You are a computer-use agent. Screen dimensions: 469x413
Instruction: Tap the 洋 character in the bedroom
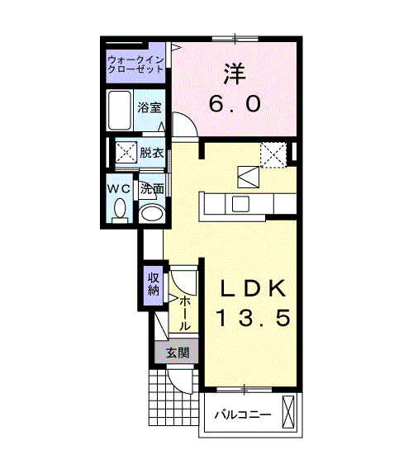[x=235, y=73]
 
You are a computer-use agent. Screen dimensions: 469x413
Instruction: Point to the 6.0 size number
[x=235, y=104]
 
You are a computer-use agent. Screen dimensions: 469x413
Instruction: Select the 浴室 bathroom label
[x=150, y=108]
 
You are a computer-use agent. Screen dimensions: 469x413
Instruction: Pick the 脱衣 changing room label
[x=151, y=153]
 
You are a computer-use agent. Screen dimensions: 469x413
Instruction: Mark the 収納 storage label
[x=154, y=283]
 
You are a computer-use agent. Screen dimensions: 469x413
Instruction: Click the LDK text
[x=254, y=288]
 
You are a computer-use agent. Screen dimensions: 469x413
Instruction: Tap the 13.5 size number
[x=254, y=319]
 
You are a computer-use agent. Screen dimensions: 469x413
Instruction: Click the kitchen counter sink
[x=243, y=204]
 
